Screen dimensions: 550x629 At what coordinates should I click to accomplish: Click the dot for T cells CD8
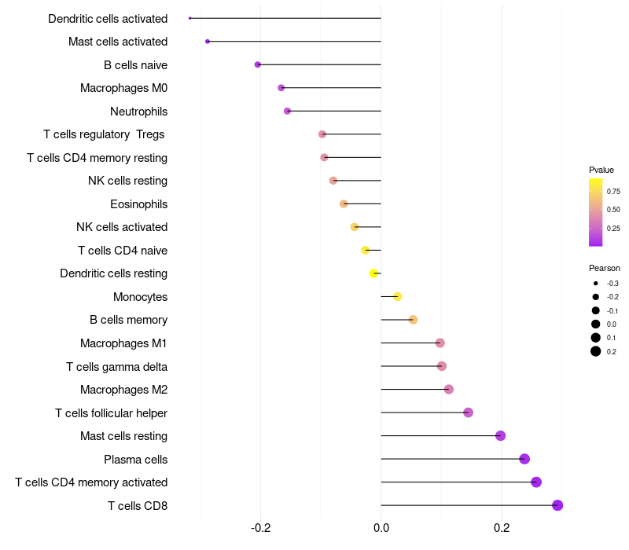pyautogui.click(x=557, y=505)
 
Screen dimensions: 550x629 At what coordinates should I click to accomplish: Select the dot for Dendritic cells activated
pyautogui.click(x=190, y=18)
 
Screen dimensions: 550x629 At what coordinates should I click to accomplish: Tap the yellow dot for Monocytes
pyautogui.click(x=398, y=296)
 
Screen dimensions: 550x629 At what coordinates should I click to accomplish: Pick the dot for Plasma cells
pyautogui.click(x=524, y=459)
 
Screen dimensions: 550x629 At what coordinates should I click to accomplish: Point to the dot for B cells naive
pyautogui.click(x=258, y=64)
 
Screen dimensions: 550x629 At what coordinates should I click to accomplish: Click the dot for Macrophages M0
pyautogui.click(x=281, y=88)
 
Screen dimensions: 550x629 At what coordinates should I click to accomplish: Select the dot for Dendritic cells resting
pyautogui.click(x=374, y=273)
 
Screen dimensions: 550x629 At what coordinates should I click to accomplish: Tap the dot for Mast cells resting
pyautogui.click(x=500, y=436)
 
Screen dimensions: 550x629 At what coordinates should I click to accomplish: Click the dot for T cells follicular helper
pyautogui.click(x=468, y=412)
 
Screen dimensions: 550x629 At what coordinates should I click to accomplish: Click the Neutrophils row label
pyautogui.click(x=138, y=112)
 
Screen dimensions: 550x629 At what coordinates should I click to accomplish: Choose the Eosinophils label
pyautogui.click(x=138, y=204)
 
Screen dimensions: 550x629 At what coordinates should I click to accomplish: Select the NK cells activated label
pyautogui.click(x=122, y=227)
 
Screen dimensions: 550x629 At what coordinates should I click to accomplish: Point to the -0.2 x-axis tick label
pyautogui.click(x=260, y=528)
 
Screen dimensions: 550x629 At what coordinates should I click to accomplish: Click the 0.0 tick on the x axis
pyautogui.click(x=381, y=528)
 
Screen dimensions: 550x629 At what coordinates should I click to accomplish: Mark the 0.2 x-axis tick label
pyautogui.click(x=502, y=528)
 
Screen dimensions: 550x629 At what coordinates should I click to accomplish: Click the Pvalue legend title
pyautogui.click(x=601, y=170)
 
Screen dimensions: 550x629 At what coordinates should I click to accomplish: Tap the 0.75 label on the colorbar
pyautogui.click(x=613, y=191)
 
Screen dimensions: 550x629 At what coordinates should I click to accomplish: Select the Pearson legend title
pyautogui.click(x=605, y=268)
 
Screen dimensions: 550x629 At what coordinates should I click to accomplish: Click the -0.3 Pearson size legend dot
pyautogui.click(x=596, y=284)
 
